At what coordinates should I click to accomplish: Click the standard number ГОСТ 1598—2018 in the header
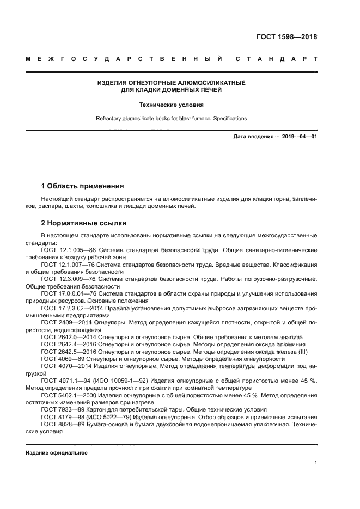286,38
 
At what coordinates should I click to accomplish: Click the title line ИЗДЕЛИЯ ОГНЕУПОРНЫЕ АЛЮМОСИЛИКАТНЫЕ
171,83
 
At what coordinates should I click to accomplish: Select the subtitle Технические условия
171,105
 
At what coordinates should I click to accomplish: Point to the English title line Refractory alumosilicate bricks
171,118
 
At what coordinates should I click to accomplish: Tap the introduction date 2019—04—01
295,136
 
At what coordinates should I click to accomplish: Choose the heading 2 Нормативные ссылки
84,223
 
